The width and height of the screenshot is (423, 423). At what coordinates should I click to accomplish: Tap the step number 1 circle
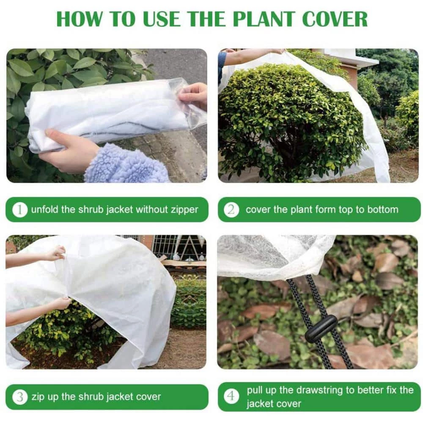(x=19, y=209)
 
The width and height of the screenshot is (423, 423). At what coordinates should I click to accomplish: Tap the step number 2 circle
(x=232, y=209)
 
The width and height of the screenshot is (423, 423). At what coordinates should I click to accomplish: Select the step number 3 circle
(x=19, y=397)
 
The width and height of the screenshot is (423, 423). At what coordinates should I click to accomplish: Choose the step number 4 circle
(x=232, y=397)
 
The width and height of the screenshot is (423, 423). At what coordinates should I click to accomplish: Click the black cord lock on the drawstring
(x=321, y=328)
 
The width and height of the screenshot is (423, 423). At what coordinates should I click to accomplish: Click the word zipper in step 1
(x=183, y=209)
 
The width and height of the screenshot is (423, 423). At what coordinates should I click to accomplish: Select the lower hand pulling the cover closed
(x=59, y=303)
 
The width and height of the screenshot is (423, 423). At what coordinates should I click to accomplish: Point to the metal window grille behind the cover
(x=178, y=247)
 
